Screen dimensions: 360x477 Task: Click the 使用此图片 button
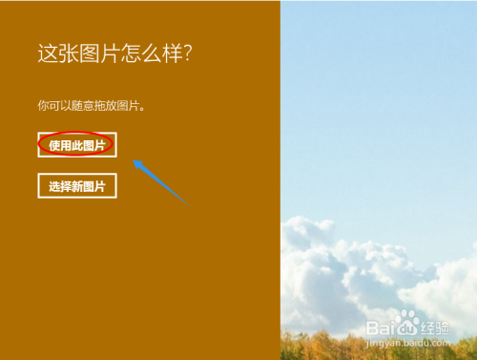point(77,145)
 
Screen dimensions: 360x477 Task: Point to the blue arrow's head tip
point(134,161)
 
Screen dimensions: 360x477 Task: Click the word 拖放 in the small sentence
point(111,105)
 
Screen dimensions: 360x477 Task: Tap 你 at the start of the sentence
point(43,105)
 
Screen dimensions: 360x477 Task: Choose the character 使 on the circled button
point(54,145)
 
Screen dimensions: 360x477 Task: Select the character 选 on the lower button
point(54,186)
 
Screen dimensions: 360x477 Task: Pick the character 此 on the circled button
point(77,145)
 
